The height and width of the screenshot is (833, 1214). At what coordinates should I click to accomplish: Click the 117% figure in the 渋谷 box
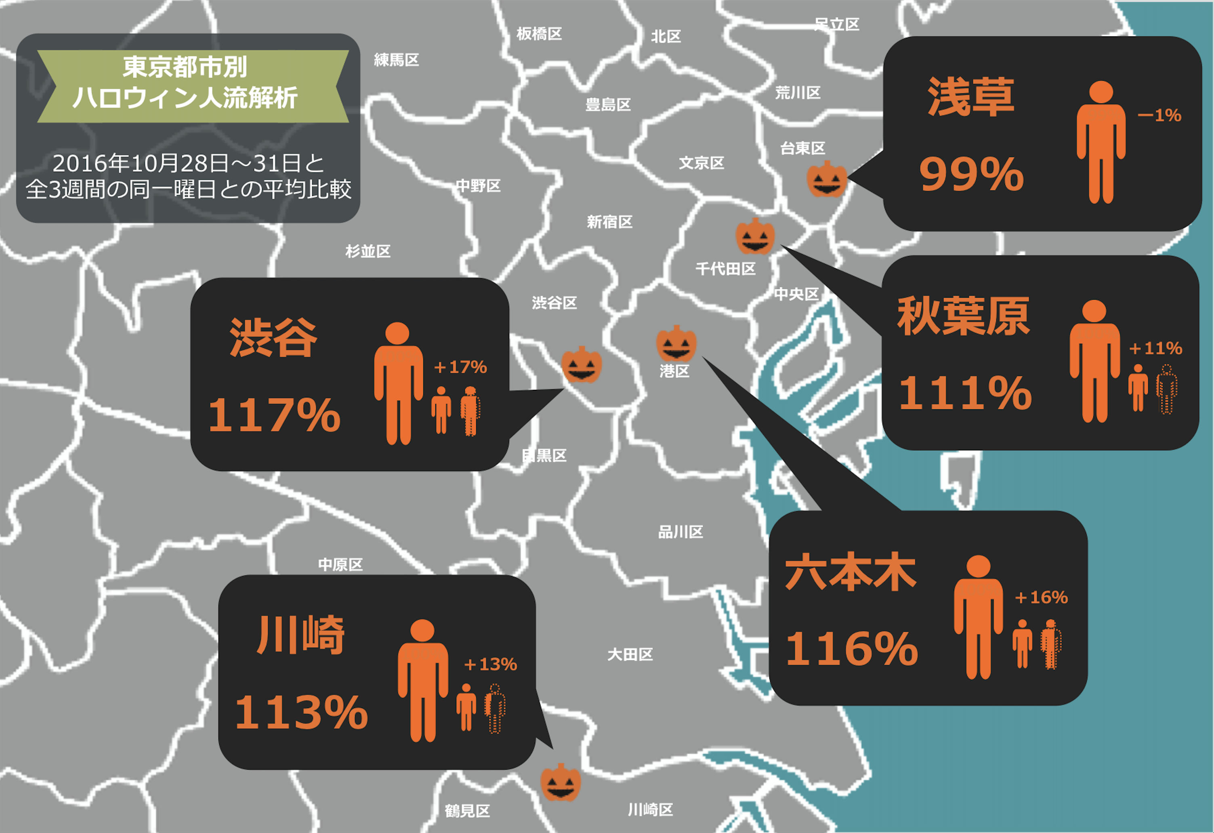click(x=274, y=415)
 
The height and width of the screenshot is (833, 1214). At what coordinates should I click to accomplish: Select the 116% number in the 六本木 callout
click(x=851, y=649)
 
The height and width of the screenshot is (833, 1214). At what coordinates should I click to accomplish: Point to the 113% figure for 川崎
click(x=301, y=712)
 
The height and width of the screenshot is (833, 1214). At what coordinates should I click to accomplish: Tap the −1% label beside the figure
click(x=1159, y=116)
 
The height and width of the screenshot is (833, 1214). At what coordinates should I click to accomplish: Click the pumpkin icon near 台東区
click(x=826, y=179)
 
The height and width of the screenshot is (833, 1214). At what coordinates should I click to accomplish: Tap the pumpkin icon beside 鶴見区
click(x=561, y=783)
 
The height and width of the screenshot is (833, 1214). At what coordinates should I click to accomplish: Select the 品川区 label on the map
click(x=680, y=532)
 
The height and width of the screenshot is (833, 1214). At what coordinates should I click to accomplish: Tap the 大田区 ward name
click(x=630, y=654)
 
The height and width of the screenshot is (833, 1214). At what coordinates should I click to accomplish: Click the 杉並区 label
click(x=368, y=251)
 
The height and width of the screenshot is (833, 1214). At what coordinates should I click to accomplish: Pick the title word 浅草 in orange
click(x=970, y=97)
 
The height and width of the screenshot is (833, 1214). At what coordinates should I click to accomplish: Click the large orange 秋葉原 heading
click(x=963, y=317)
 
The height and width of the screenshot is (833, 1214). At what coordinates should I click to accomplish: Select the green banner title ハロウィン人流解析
click(x=185, y=98)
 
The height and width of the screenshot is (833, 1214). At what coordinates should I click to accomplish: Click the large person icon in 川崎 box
click(x=422, y=679)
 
